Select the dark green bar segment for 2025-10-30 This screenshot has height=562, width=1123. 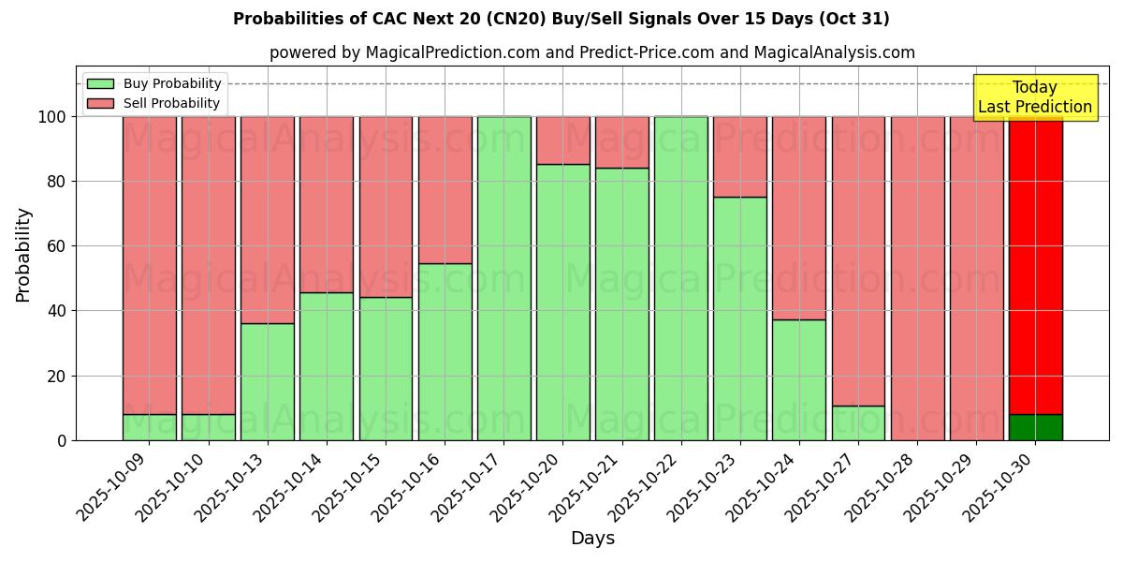click(1035, 427)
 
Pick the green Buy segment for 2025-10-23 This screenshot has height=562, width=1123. click(739, 318)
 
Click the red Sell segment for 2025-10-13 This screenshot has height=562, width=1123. click(268, 220)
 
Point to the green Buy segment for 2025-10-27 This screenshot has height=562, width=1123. click(858, 423)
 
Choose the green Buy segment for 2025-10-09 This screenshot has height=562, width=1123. click(150, 427)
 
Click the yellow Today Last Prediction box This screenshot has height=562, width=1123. click(1035, 97)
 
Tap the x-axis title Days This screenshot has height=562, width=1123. click(592, 539)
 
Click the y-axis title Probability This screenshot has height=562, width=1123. click(23, 255)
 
